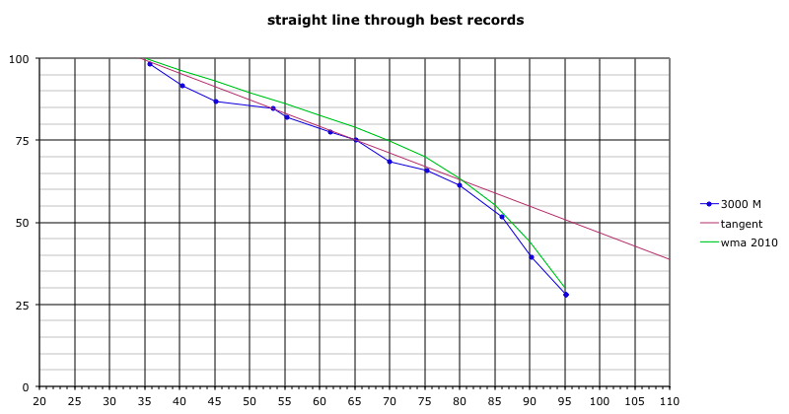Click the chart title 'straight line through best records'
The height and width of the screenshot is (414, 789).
(394, 20)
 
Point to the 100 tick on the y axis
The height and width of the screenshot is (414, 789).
(19, 59)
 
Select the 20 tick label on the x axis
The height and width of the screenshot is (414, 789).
(39, 402)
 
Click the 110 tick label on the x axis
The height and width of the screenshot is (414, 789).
(670, 402)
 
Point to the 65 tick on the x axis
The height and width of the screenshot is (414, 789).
(355, 402)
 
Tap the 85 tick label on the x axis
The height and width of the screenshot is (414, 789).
(495, 402)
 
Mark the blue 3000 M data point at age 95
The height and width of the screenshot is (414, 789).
(566, 295)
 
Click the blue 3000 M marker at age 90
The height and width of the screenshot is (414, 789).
(532, 257)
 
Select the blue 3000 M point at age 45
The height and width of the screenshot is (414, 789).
(216, 102)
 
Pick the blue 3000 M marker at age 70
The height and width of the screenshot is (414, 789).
(390, 162)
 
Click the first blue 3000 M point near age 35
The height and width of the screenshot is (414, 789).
(150, 64)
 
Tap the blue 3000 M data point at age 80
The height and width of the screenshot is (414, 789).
(460, 185)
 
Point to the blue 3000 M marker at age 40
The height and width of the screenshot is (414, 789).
(182, 86)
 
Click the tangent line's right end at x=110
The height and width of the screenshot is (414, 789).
(670, 259)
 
